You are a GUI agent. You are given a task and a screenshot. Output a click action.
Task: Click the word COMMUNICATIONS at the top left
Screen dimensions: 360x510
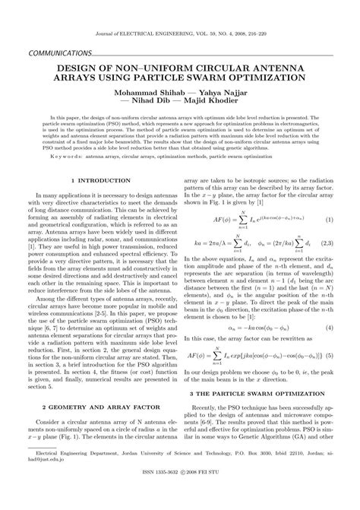[x=58, y=55]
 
